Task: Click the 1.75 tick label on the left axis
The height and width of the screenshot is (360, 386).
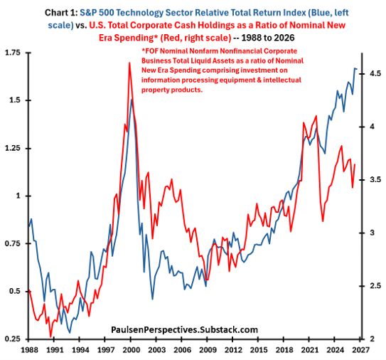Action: (12, 53)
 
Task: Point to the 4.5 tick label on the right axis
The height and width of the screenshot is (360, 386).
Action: (375, 74)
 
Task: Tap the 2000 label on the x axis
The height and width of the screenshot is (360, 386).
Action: (131, 350)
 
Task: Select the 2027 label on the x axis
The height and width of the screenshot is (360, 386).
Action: (361, 350)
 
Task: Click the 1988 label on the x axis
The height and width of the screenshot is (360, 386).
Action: (29, 350)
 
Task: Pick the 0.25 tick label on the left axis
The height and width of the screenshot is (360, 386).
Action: (12, 339)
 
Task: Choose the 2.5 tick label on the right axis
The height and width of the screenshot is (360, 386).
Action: (375, 286)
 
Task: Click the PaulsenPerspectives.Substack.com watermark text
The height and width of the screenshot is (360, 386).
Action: (184, 329)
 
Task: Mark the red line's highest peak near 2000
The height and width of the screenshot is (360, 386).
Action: (129, 63)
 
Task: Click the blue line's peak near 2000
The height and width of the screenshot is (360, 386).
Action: (132, 100)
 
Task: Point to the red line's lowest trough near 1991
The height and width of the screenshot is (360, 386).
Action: (51, 337)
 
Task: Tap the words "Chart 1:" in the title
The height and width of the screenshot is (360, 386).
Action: (61, 13)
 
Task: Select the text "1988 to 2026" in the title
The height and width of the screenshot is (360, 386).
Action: (268, 38)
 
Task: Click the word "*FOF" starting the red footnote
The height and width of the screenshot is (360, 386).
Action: (150, 51)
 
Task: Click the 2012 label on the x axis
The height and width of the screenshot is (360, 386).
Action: (232, 350)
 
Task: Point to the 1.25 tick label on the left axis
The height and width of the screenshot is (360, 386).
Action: (12, 149)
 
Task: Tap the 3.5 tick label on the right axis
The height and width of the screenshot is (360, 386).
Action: (375, 180)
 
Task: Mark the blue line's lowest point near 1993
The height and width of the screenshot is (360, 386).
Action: (70, 333)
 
